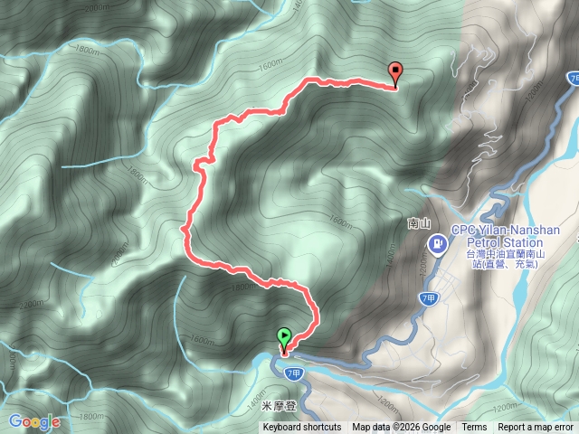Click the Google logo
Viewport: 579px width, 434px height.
(x=34, y=421)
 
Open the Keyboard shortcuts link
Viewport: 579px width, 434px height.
(x=302, y=428)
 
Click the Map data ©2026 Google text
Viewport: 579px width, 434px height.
(x=402, y=428)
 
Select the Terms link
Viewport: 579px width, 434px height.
(x=474, y=428)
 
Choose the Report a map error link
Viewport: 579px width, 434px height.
(x=536, y=428)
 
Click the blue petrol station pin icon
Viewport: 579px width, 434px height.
(x=438, y=242)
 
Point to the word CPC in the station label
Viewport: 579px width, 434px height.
(x=464, y=230)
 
